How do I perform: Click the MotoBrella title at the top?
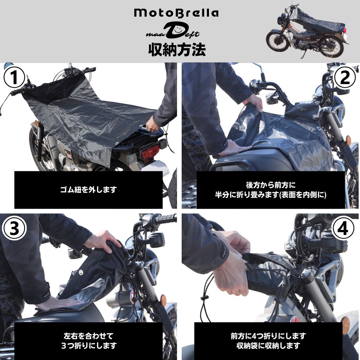[176, 13]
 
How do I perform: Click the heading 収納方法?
[177, 49]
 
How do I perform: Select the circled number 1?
[14, 77]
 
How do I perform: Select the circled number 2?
[345, 77]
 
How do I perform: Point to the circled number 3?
[14, 228]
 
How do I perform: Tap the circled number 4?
[343, 228]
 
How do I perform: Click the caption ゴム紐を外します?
[88, 190]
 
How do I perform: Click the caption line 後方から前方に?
[271, 185]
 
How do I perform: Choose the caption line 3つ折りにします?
[89, 346]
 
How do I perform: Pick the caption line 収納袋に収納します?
[268, 346]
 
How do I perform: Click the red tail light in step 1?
[150, 152]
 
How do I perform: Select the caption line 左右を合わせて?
[89, 336]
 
